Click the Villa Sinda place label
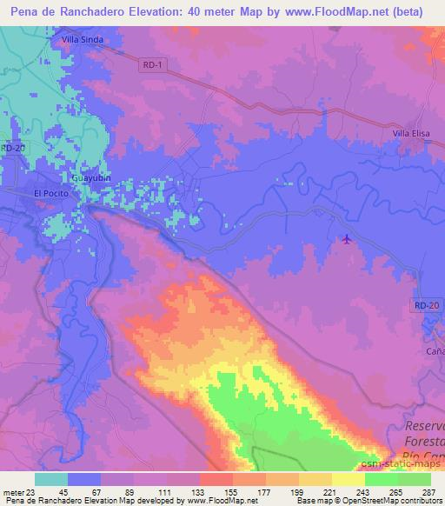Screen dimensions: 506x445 click(x=81, y=39)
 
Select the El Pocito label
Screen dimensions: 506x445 click(x=49, y=192)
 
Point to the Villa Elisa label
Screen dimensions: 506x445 click(x=411, y=133)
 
